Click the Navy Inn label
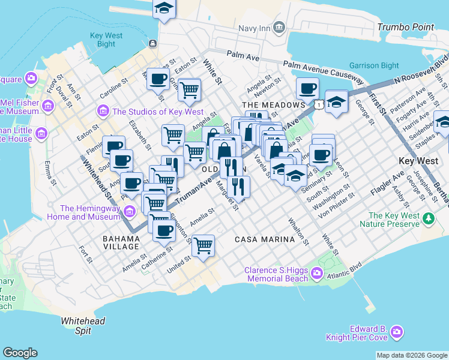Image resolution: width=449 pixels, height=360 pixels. pos(255,28)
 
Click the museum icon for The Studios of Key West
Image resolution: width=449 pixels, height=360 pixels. pos(103,112)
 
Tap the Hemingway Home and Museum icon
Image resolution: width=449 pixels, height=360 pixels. pos(128,212)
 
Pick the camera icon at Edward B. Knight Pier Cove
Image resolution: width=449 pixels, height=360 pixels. pos(396,331)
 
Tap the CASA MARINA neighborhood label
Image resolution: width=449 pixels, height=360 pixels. pos(265,239)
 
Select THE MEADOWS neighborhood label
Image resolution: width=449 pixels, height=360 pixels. pos(273,105)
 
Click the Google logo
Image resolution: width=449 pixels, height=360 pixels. pos(20,353)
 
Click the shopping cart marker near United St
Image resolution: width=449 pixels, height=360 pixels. pos(203,245)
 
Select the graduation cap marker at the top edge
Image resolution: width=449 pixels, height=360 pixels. pos(163,8)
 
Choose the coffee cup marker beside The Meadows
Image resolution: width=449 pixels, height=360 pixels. pos(307,88)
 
